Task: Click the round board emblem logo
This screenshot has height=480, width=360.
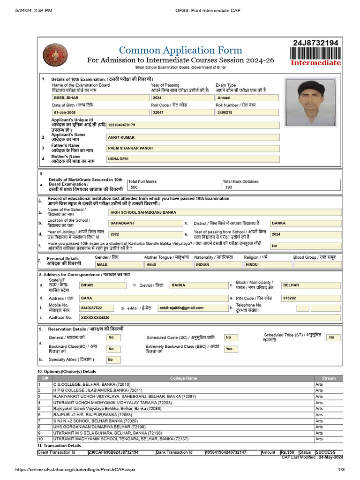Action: [55, 55]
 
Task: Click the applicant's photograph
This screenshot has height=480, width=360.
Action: [311, 102]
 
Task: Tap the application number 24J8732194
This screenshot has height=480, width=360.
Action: [315, 43]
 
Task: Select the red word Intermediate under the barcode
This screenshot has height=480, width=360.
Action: [316, 63]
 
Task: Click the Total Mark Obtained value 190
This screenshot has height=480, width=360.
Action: [228, 187]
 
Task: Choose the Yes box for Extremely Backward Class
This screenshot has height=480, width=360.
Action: [229, 349]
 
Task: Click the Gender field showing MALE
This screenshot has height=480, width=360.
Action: [117, 264]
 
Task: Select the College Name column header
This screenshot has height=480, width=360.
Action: [183, 378]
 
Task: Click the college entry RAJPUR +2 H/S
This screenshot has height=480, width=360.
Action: [92, 415]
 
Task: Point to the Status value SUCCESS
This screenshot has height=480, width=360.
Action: [325, 452]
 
